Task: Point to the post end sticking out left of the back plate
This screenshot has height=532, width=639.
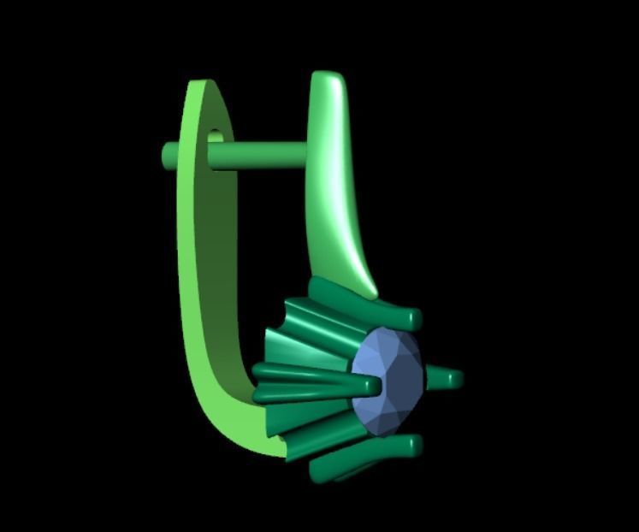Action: pos(169,155)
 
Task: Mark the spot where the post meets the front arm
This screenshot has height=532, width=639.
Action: pos(305,154)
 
